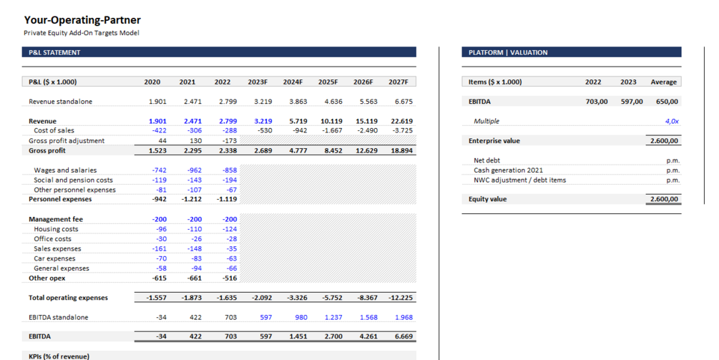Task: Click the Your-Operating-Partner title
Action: tap(82, 20)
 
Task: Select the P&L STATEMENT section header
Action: tap(54, 52)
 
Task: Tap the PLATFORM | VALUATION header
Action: tap(508, 52)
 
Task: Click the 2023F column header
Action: tap(258, 82)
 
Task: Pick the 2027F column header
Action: tap(398, 82)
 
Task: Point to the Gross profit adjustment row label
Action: tap(67, 141)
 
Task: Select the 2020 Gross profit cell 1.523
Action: tap(157, 151)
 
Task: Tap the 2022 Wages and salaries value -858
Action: tap(229, 170)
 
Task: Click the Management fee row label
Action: tap(56, 219)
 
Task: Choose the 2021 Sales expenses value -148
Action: tap(193, 249)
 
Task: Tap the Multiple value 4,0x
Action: tap(671, 122)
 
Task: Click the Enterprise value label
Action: tap(494, 141)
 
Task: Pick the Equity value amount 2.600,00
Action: tap(664, 199)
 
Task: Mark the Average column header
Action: tap(664, 82)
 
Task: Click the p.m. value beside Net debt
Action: tap(672, 161)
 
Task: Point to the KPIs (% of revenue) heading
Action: tap(59, 356)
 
